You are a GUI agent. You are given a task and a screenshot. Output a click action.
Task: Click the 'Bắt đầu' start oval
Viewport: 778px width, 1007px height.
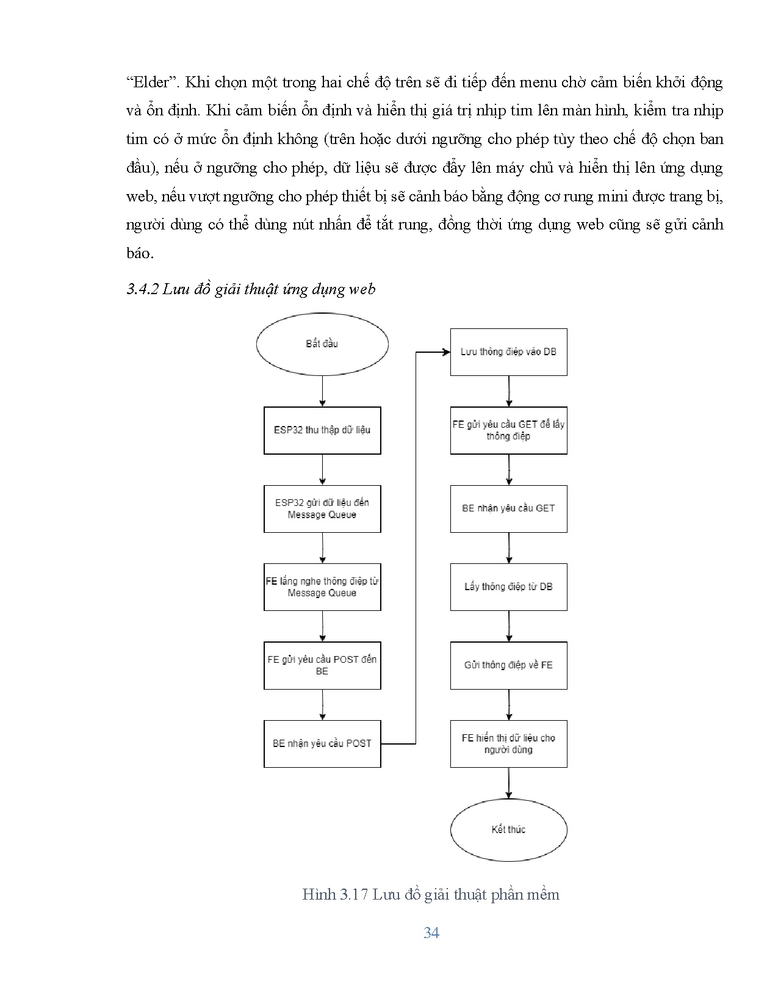click(322, 344)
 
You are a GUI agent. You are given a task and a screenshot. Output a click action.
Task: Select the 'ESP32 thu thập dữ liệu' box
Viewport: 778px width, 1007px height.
click(322, 430)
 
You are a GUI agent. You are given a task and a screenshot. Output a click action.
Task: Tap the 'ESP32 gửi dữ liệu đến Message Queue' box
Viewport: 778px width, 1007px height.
click(322, 508)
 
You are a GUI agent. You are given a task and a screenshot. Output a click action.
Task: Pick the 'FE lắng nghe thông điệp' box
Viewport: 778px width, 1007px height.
click(322, 587)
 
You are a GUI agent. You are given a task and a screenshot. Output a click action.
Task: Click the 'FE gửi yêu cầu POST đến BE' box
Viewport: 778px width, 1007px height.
click(322, 665)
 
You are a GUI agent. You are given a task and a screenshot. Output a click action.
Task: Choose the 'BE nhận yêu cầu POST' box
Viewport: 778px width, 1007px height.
click(322, 743)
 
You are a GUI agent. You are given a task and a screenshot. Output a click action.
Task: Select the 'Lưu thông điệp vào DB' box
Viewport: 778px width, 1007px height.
click(508, 352)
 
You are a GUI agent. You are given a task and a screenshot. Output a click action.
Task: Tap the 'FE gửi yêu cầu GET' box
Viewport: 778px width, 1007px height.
click(508, 430)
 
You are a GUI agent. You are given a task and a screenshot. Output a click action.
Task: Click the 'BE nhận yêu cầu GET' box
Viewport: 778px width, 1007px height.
click(508, 508)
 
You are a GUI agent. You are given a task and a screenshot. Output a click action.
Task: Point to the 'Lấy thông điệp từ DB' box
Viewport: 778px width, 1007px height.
click(508, 587)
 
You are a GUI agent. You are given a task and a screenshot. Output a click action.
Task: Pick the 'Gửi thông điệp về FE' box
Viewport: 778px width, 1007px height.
click(508, 665)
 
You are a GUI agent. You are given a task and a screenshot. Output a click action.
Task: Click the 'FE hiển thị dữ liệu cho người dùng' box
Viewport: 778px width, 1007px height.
click(508, 743)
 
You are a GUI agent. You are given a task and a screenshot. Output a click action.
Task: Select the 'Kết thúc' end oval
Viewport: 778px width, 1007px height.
click(508, 829)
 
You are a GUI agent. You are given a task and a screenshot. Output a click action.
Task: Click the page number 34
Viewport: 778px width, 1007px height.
click(431, 933)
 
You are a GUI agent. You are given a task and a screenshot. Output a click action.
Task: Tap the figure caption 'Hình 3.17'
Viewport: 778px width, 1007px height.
click(334, 895)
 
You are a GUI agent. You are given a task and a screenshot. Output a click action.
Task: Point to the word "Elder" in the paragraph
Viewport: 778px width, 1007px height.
click(151, 82)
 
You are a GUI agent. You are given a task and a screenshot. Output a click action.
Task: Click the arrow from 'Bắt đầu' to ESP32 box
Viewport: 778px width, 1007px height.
click(322, 391)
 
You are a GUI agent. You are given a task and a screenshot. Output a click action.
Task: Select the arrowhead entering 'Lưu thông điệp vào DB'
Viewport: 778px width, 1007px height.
click(446, 352)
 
